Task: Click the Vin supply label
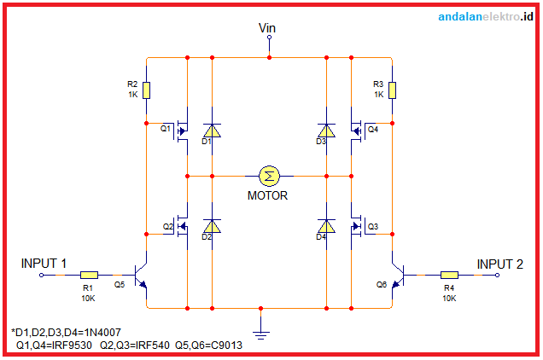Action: (x=267, y=28)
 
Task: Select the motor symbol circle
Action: (x=270, y=176)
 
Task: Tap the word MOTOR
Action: (x=267, y=195)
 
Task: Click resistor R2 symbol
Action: (x=147, y=90)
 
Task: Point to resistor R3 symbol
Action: (x=392, y=90)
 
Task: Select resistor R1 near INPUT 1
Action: (x=90, y=275)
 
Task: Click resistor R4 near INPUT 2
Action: (x=449, y=275)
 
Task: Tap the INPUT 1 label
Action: (x=44, y=264)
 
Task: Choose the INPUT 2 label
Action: (x=499, y=264)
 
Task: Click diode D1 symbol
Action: (x=212, y=130)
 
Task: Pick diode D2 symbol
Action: (x=212, y=226)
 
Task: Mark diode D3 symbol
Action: (x=326, y=130)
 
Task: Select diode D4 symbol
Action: (x=326, y=226)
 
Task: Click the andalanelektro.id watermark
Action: (x=485, y=16)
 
